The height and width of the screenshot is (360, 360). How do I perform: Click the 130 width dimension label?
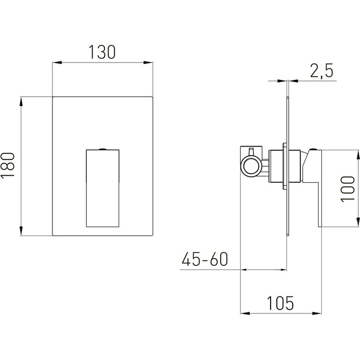pyautogui.click(x=102, y=52)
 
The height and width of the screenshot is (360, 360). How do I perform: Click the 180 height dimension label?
pyautogui.click(x=7, y=165)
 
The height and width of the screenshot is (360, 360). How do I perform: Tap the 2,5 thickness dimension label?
pyautogui.click(x=321, y=71)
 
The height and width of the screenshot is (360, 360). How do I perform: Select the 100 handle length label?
pyautogui.click(x=348, y=189)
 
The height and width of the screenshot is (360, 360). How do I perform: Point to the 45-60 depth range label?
pyautogui.click(x=205, y=259)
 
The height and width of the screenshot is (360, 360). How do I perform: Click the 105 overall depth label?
pyautogui.click(x=280, y=303)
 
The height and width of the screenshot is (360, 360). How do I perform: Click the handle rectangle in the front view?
pyautogui.click(x=103, y=188)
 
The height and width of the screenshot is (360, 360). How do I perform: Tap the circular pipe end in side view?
pyautogui.click(x=251, y=166)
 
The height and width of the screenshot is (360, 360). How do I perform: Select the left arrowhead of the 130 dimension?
pyautogui.click(x=57, y=62)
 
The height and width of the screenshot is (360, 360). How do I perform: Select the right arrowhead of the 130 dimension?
pyautogui.click(x=148, y=62)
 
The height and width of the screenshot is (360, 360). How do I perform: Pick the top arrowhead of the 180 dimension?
pyautogui.click(x=21, y=102)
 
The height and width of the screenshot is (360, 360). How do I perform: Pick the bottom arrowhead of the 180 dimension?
pyautogui.click(x=21, y=231)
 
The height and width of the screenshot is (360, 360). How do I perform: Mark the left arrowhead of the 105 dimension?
pyautogui.click(x=245, y=313)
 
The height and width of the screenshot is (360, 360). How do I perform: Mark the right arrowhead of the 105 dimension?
pyautogui.click(x=317, y=313)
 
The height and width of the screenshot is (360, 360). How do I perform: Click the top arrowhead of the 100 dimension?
pyautogui.click(x=358, y=155)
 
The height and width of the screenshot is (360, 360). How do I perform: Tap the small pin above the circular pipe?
pyautogui.click(x=251, y=151)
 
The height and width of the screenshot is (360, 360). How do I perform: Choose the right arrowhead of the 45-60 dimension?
pyautogui.click(x=282, y=270)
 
